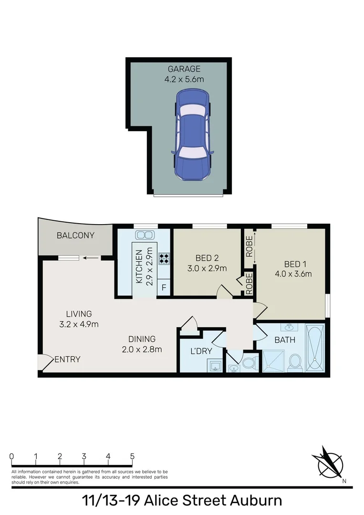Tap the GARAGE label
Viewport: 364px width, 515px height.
pos(184,70)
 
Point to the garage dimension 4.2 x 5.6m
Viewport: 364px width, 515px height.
pos(184,79)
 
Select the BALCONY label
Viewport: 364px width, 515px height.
pos(75,236)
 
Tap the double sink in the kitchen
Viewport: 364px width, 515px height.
pos(144,235)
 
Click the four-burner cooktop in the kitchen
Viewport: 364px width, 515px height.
pos(164,258)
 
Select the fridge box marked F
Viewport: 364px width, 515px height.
pos(164,288)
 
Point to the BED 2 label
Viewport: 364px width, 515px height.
pos(207,258)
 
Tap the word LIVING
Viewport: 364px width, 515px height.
pos(79,314)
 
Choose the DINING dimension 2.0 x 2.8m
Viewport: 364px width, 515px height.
pos(142,349)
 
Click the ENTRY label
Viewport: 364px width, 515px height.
pos(67,360)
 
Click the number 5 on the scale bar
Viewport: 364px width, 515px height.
pos(132,456)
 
